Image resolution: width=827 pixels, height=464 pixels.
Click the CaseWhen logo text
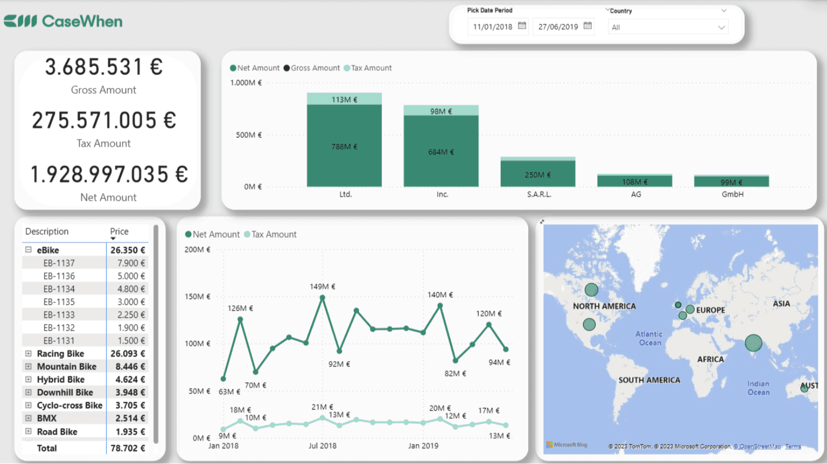click(x=82, y=22)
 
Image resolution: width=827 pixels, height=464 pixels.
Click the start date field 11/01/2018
click(x=492, y=27)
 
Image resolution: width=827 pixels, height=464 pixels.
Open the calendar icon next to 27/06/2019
click(x=587, y=26)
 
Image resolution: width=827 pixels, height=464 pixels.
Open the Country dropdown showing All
click(x=668, y=27)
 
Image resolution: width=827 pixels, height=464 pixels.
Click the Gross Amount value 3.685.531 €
click(x=104, y=67)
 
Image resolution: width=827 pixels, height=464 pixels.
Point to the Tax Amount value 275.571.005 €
click(x=104, y=120)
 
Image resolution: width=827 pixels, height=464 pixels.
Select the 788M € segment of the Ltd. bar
click(x=344, y=146)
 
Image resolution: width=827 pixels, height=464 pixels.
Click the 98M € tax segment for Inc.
click(x=441, y=111)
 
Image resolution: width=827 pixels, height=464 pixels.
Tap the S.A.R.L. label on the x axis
click(x=538, y=194)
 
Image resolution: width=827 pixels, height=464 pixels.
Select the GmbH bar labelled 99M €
click(x=731, y=182)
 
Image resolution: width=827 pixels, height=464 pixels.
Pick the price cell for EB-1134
click(x=131, y=289)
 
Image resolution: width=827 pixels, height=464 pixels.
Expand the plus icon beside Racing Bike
click(x=29, y=353)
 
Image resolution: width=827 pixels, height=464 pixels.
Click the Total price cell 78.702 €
click(x=127, y=448)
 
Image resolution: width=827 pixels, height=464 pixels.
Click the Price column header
click(x=119, y=231)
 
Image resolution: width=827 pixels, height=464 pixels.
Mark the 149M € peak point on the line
click(x=323, y=298)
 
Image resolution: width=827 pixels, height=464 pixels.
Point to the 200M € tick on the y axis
click(x=197, y=250)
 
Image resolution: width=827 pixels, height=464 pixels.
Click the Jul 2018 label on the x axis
click(x=322, y=446)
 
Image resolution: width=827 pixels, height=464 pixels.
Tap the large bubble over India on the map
click(x=753, y=343)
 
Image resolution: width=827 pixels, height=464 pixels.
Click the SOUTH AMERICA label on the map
click(x=649, y=380)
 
